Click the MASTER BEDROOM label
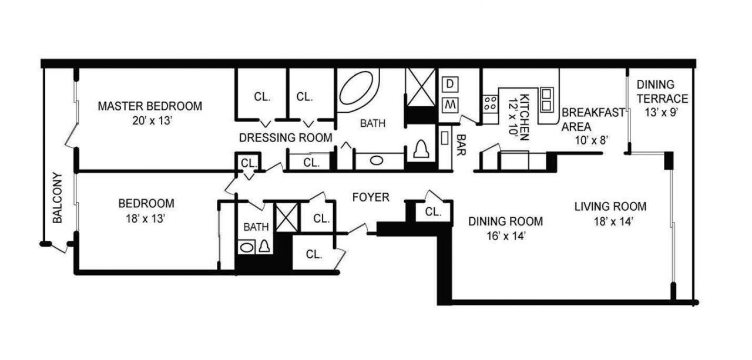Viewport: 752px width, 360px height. [x=150, y=106]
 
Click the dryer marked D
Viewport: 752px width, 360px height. [x=449, y=84]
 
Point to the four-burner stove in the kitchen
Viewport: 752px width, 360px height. [x=490, y=104]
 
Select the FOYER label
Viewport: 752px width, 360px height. [x=371, y=197]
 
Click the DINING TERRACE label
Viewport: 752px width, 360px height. [x=661, y=92]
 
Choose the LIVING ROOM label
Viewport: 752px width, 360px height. [x=610, y=207]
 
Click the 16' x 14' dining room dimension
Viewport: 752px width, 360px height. [x=505, y=236]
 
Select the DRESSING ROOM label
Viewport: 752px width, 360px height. [x=286, y=137]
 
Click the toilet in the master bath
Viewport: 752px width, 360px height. [x=421, y=150]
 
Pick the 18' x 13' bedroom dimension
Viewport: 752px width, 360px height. [x=146, y=218]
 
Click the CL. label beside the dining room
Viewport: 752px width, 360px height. [x=434, y=212]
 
